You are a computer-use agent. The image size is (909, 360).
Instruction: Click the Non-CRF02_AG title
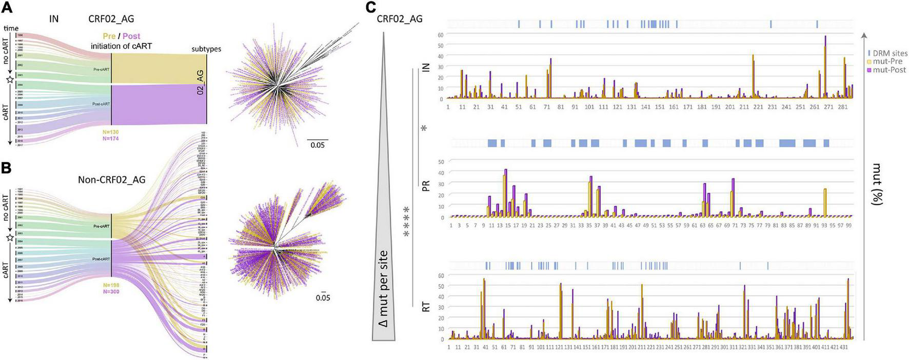[111, 179]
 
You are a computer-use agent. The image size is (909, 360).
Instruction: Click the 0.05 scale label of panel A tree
[318, 145]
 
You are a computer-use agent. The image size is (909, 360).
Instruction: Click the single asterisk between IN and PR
[424, 128]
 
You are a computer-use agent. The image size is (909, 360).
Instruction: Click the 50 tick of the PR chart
[441, 162]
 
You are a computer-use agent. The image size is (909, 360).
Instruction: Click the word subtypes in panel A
[206, 49]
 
